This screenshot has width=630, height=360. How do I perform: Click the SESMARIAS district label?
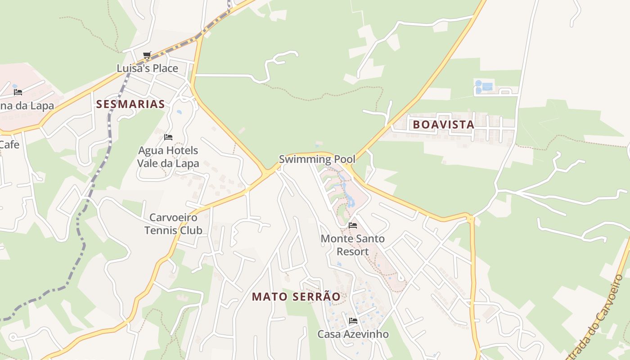point(130,104)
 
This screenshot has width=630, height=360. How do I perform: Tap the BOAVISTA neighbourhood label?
point(443,125)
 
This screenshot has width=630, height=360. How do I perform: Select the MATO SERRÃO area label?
point(296,297)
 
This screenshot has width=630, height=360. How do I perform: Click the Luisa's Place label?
point(147,68)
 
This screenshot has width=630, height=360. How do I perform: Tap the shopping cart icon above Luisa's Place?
point(147,55)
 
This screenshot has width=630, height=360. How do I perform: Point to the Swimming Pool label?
point(317,159)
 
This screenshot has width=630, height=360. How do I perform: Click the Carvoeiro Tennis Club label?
point(173,224)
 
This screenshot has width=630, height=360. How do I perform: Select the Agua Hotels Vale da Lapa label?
point(168,157)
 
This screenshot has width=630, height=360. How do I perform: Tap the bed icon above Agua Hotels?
point(168,137)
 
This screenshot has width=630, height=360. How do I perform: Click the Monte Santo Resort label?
point(353,245)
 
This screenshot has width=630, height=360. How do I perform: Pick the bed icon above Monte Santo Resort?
point(353,225)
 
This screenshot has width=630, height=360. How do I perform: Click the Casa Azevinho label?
point(353,334)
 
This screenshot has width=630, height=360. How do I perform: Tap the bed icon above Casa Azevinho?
point(353,321)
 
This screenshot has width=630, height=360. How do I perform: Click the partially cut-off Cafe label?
point(9,144)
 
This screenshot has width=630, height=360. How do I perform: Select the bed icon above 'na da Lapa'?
point(18,92)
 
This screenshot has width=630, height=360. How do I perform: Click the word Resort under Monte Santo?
point(353,252)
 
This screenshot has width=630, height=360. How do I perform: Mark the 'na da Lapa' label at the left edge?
point(27,106)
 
